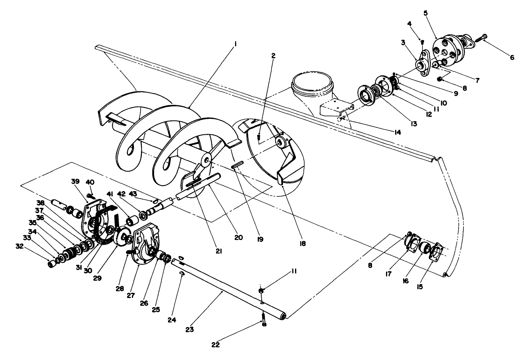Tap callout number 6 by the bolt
click(512, 58)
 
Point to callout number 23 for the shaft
click(190, 329)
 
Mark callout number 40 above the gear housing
click(90, 182)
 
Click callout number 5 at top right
click(426, 13)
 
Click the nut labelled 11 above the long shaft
click(261, 291)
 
